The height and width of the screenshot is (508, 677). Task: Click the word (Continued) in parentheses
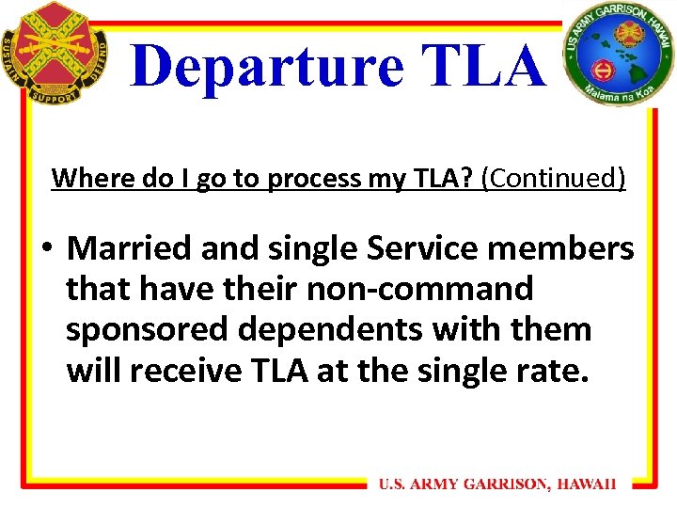553,178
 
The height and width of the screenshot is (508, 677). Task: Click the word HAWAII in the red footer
587,484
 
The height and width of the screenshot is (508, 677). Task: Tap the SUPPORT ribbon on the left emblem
54,95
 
